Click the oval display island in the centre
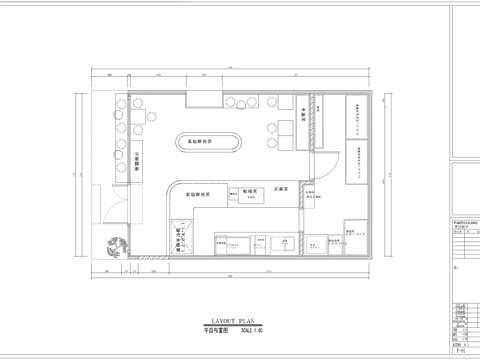(209, 143)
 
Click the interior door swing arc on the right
(325, 170)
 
